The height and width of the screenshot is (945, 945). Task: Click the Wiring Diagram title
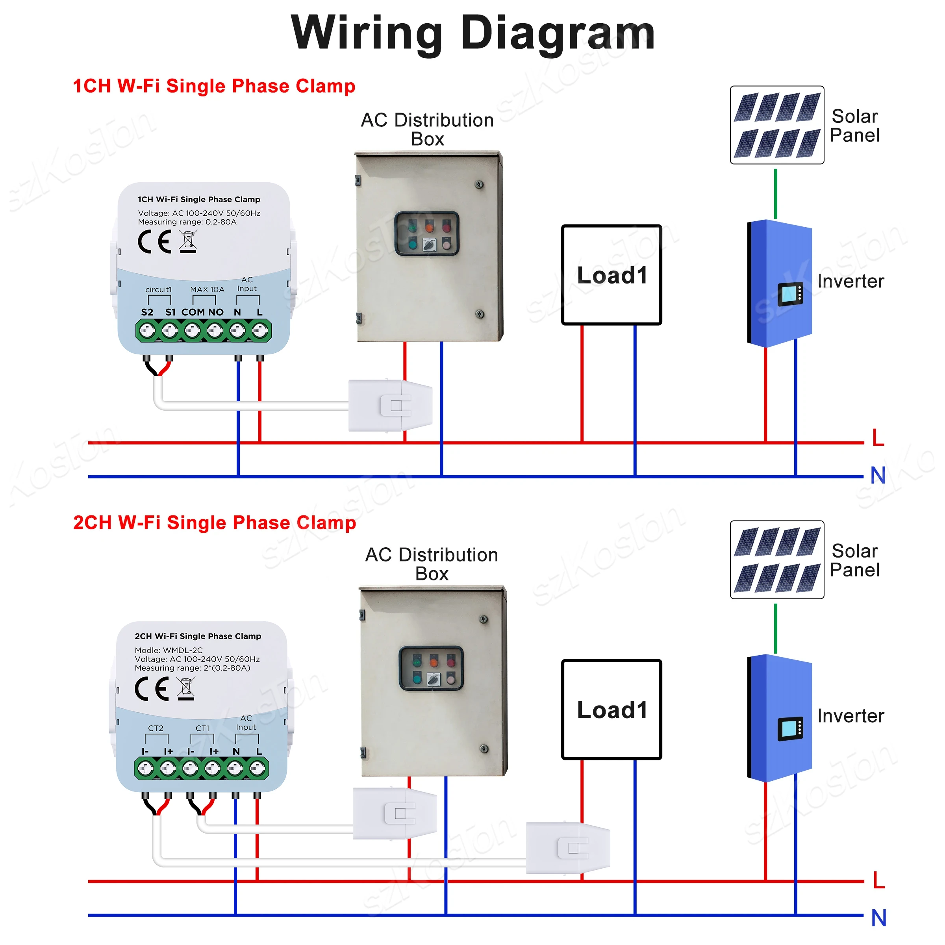(x=472, y=33)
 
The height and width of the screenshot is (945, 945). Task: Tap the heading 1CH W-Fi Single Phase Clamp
(x=214, y=86)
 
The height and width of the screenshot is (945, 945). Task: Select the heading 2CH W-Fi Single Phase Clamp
(x=214, y=523)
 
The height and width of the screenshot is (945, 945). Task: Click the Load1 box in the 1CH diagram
(x=611, y=275)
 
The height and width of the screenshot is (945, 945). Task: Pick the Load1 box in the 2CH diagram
(x=611, y=710)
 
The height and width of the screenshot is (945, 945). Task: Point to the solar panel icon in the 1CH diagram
(x=777, y=125)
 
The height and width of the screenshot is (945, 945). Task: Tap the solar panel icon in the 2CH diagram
(x=777, y=560)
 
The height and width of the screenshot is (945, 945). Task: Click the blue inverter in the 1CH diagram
(x=780, y=283)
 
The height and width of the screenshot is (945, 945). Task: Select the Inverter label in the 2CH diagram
(x=850, y=716)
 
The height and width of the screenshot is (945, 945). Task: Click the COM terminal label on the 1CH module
(x=193, y=312)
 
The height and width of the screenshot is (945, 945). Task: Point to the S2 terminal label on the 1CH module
(x=147, y=312)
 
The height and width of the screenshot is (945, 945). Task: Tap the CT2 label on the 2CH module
(x=156, y=728)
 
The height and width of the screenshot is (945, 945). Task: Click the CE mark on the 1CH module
(x=155, y=242)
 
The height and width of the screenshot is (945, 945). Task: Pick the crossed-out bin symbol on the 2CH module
(x=186, y=689)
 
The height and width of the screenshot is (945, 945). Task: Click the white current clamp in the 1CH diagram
(x=390, y=406)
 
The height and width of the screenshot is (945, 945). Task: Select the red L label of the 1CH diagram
(x=878, y=438)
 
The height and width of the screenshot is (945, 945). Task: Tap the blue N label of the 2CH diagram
(x=878, y=918)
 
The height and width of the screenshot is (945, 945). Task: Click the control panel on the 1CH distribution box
(x=426, y=234)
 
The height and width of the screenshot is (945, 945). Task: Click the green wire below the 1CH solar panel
(x=776, y=194)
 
